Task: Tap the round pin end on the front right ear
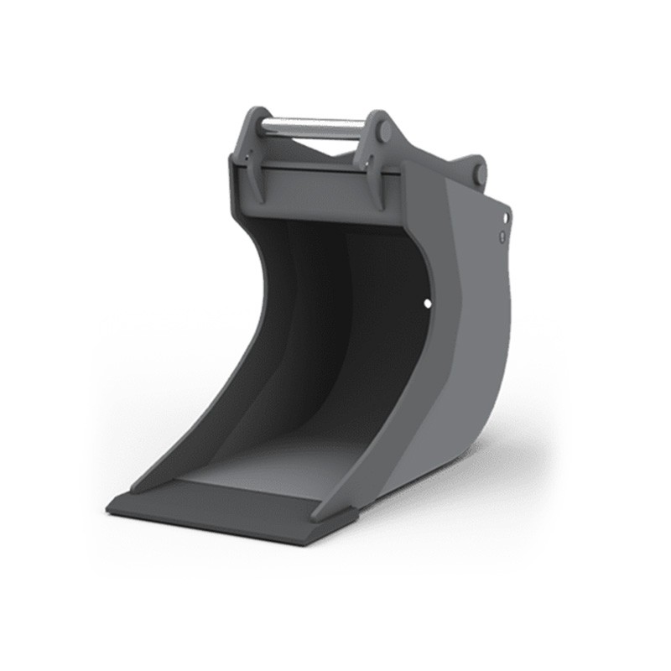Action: [x=383, y=132]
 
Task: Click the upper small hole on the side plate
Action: [x=506, y=217]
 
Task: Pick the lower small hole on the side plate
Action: [x=501, y=237]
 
